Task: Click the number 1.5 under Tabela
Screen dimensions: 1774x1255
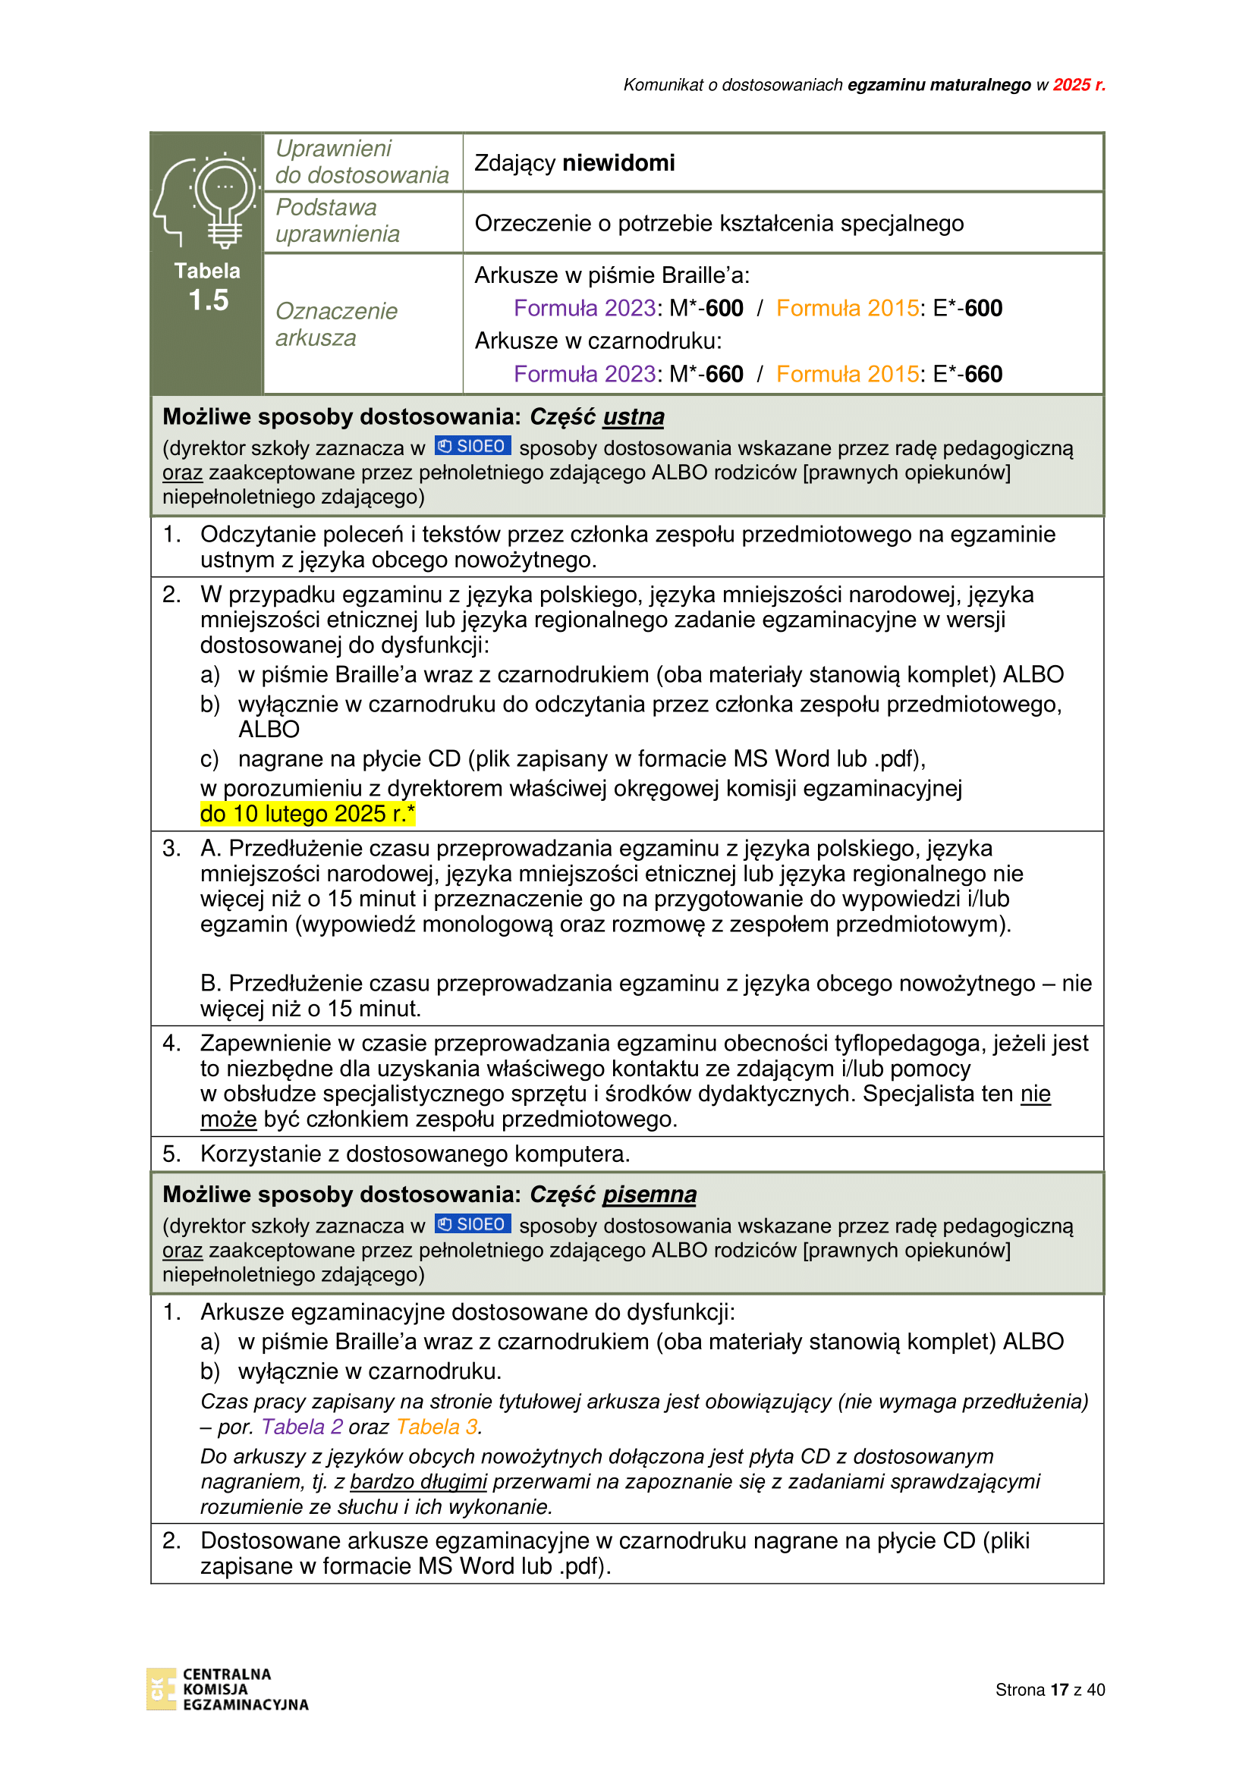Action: point(209,300)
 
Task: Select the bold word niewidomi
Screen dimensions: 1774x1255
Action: point(618,163)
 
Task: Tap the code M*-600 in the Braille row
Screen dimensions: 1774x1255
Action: point(706,308)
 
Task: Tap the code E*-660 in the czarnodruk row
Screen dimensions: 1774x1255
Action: point(967,374)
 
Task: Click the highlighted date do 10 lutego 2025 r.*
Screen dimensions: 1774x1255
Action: point(307,814)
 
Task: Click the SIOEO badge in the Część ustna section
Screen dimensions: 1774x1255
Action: point(472,447)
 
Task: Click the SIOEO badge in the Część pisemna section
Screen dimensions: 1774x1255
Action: point(472,1225)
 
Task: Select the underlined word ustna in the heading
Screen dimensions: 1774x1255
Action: point(633,417)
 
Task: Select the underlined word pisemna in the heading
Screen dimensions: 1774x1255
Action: point(650,1195)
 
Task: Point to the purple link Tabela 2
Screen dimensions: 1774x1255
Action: point(302,1427)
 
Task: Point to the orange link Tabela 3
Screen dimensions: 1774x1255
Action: point(437,1427)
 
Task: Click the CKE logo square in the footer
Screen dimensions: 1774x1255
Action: point(161,1689)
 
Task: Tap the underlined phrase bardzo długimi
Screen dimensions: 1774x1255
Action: point(418,1482)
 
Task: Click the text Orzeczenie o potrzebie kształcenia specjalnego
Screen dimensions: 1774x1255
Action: point(719,223)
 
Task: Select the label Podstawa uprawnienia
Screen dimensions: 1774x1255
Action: point(338,221)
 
